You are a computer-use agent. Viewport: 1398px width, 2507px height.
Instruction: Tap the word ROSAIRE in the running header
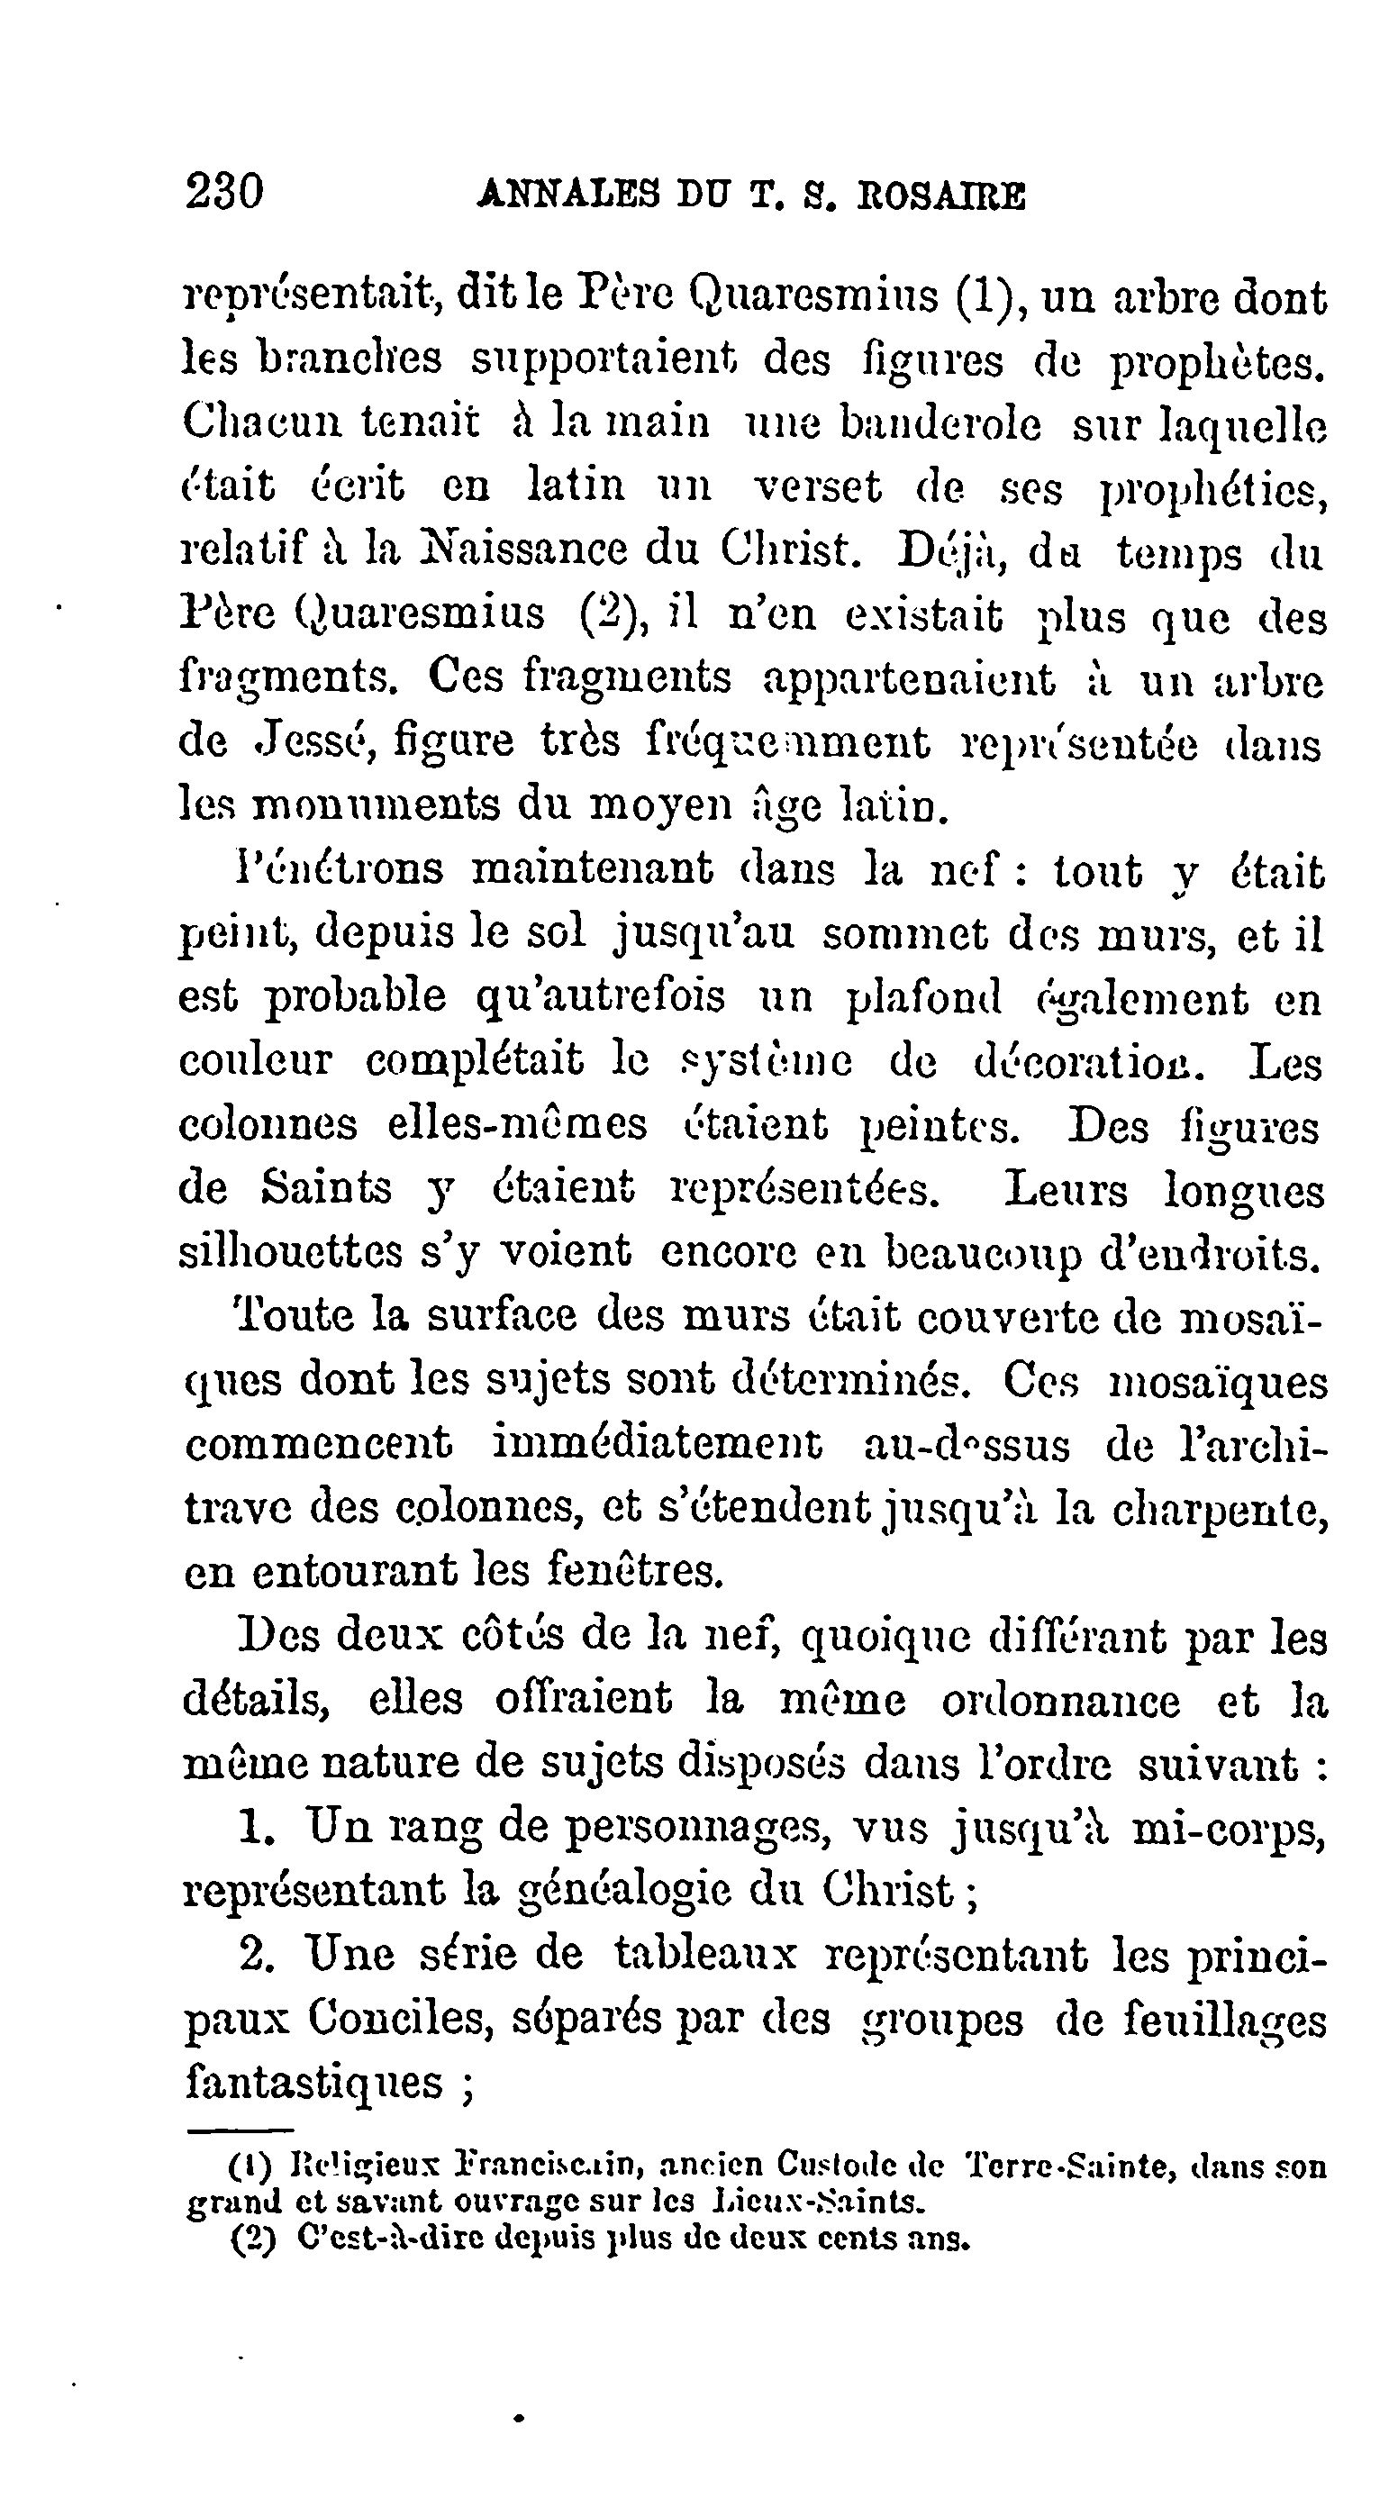(x=940, y=196)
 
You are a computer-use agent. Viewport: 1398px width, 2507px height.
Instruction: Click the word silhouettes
(x=290, y=1251)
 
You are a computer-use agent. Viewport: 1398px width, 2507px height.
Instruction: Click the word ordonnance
(x=1060, y=1700)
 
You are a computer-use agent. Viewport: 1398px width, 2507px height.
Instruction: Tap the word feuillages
(x=1224, y=2021)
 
